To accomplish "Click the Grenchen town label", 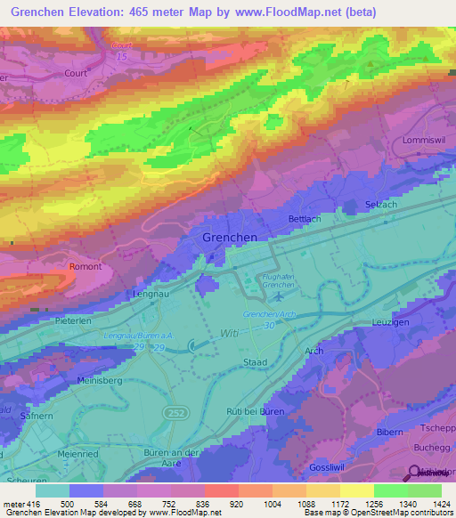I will (230, 238).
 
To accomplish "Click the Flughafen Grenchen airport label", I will (277, 279).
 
